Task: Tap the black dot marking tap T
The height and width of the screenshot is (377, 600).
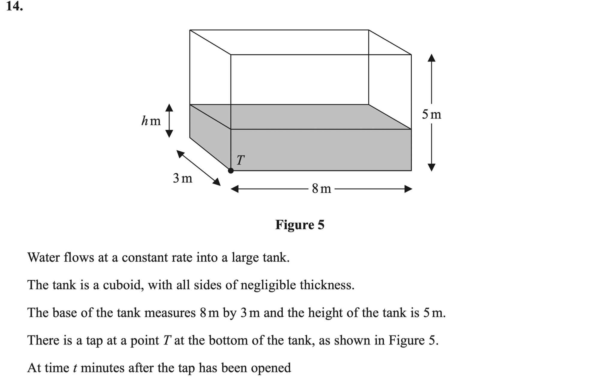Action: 231,170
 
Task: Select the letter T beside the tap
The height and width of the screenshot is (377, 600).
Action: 240,160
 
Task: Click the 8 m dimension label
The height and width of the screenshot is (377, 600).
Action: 321,188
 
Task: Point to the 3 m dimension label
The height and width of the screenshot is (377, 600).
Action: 182,178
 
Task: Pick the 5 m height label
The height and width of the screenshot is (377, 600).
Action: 431,114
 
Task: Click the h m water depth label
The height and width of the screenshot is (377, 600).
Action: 151,121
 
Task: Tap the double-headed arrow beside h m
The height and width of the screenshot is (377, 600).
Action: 169,121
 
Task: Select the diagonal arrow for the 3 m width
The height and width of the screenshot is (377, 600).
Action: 198,168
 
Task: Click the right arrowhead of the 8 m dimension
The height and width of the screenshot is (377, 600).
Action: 408,189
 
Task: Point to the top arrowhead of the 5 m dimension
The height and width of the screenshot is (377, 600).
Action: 431,58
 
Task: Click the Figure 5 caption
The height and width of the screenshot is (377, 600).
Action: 300,225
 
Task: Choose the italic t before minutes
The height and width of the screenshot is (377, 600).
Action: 75,368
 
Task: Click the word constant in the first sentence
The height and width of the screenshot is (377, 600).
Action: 145,257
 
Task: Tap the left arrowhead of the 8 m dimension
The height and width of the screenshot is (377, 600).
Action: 235,189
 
